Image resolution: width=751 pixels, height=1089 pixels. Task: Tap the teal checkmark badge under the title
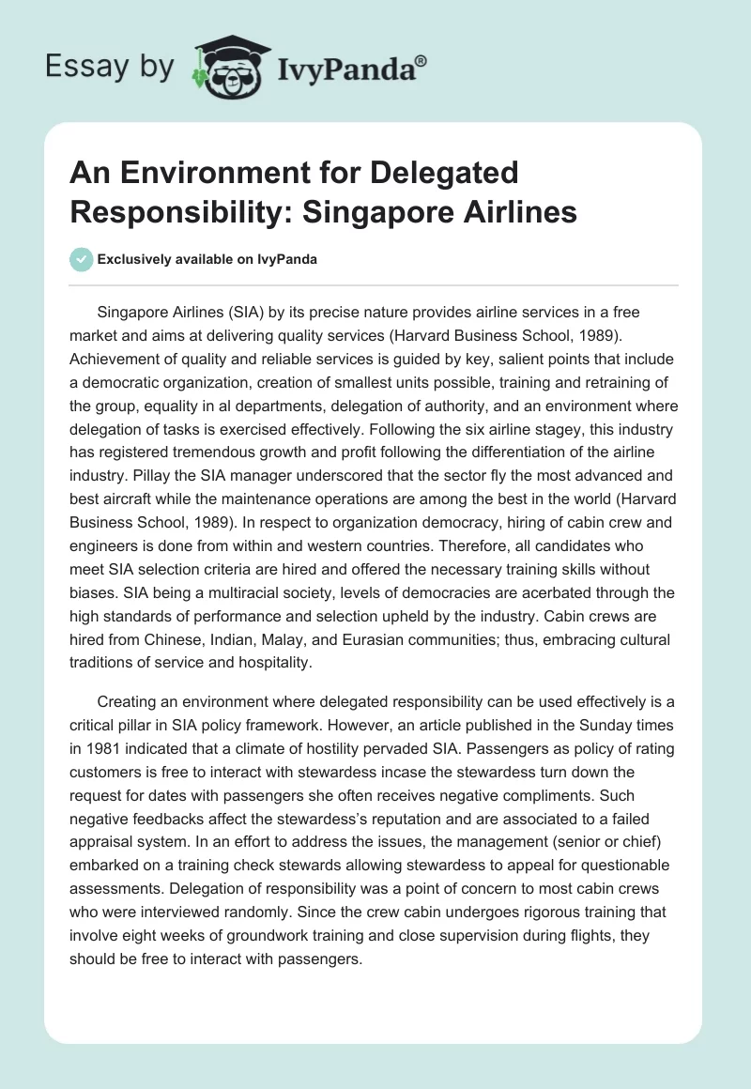pos(81,259)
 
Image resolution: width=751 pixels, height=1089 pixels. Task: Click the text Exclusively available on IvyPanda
pos(207,260)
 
